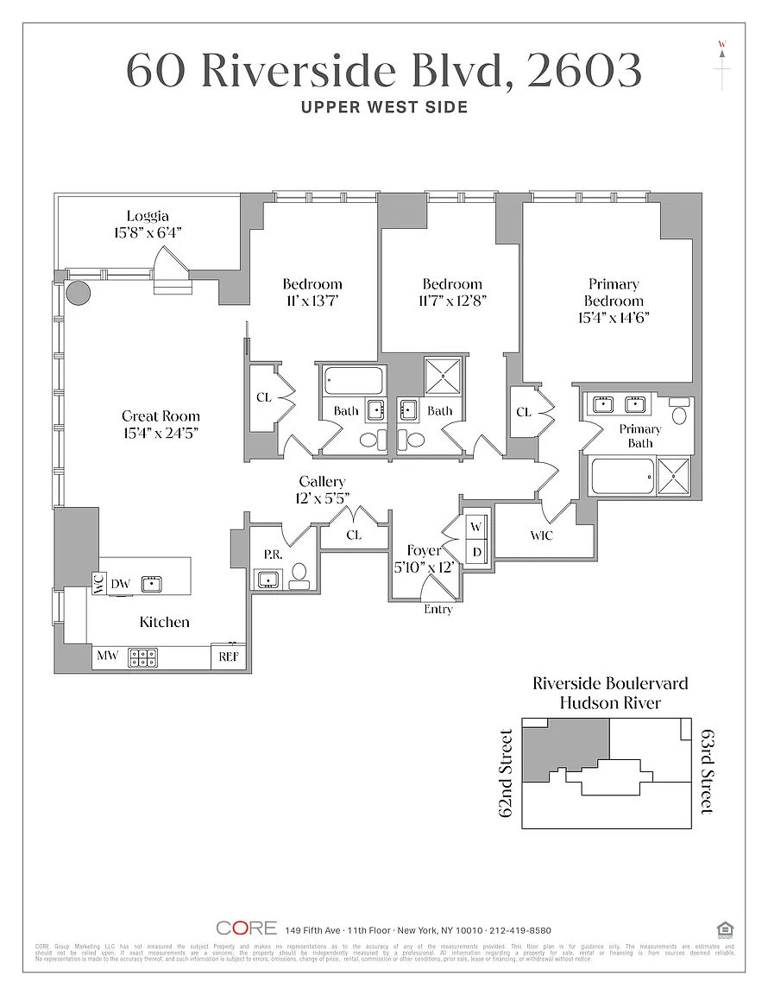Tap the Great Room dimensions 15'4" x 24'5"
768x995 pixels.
pos(161,432)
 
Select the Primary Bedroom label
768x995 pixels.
pos(614,292)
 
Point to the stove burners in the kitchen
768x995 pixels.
pos(142,657)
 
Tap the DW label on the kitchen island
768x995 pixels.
pos(120,584)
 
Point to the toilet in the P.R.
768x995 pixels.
pos(299,574)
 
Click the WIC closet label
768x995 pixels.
pos(542,536)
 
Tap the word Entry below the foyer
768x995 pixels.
pos(438,610)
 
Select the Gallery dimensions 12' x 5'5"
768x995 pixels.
pos(323,497)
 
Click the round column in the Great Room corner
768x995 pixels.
pos(79,291)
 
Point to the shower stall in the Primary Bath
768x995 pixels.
pos(674,477)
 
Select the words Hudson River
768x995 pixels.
pos(610,703)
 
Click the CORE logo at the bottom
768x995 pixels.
pos(247,928)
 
